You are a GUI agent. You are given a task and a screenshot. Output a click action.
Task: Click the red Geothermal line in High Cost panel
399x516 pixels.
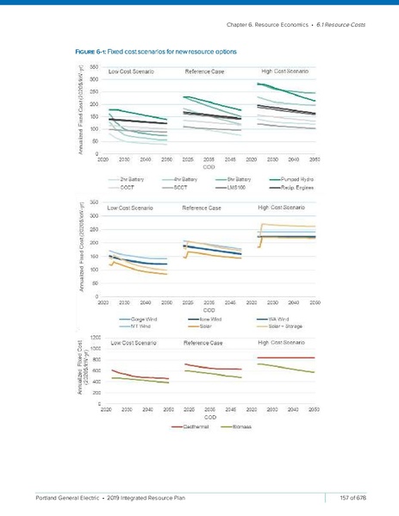click(284, 357)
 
